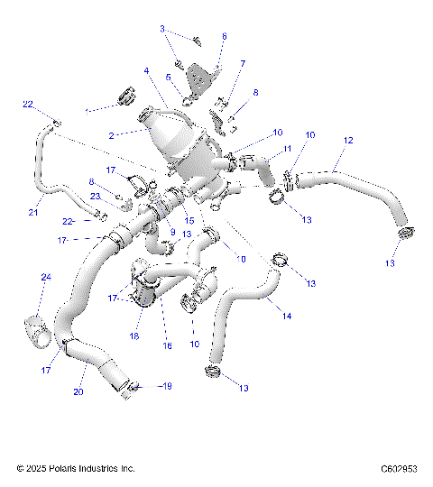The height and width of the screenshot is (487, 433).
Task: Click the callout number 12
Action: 347,141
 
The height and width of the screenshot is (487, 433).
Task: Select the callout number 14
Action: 287,316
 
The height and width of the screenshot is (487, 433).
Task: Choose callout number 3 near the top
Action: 162,29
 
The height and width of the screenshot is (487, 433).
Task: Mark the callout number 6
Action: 225,36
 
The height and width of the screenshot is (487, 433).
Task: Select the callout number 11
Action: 287,149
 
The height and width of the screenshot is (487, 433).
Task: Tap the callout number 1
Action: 87,110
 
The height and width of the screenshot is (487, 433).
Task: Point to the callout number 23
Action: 94,196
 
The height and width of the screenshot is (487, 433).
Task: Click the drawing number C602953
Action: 398,469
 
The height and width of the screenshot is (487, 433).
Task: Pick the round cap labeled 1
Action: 123,94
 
